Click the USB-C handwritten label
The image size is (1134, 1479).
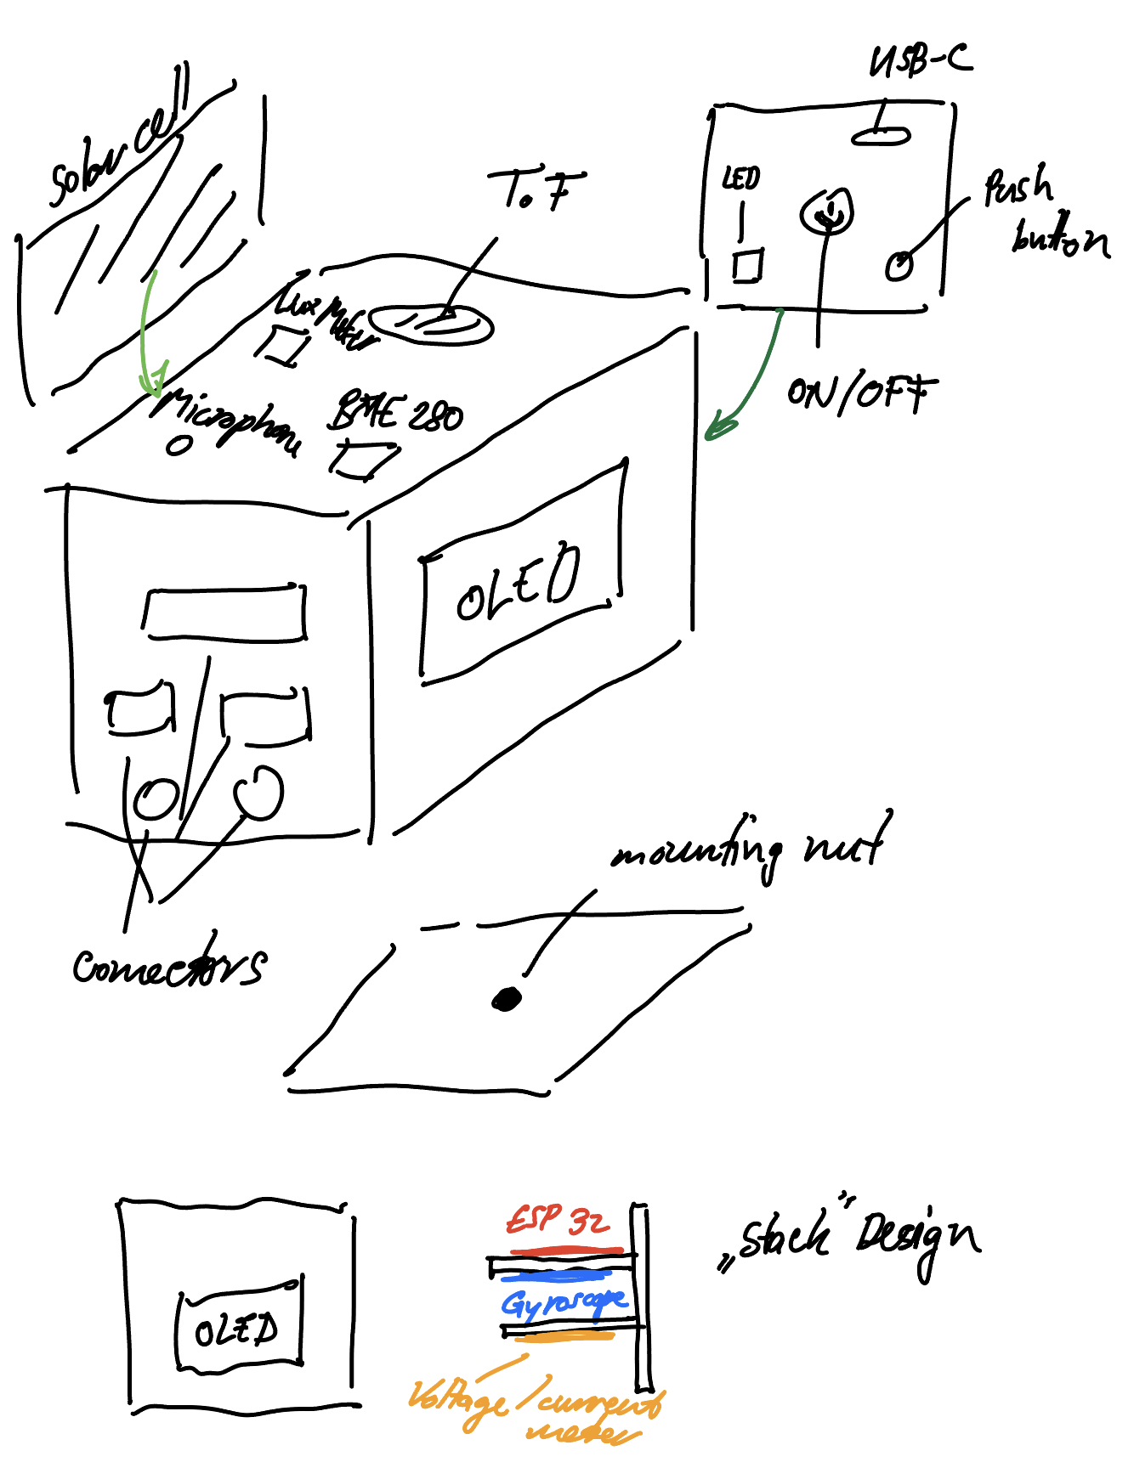point(921,61)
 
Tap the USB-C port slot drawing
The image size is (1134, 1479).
point(882,135)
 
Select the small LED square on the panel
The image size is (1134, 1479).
point(748,265)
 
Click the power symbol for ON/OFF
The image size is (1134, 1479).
point(825,211)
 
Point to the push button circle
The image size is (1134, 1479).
point(899,266)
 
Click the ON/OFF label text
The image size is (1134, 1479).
point(861,394)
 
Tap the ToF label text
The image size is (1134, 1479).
point(536,190)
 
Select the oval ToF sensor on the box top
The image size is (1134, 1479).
point(432,324)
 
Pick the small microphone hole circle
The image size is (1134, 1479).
point(179,445)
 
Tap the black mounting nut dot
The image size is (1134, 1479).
point(507,999)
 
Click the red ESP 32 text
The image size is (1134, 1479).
point(558,1221)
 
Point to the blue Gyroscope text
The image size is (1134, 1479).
point(564,1303)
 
